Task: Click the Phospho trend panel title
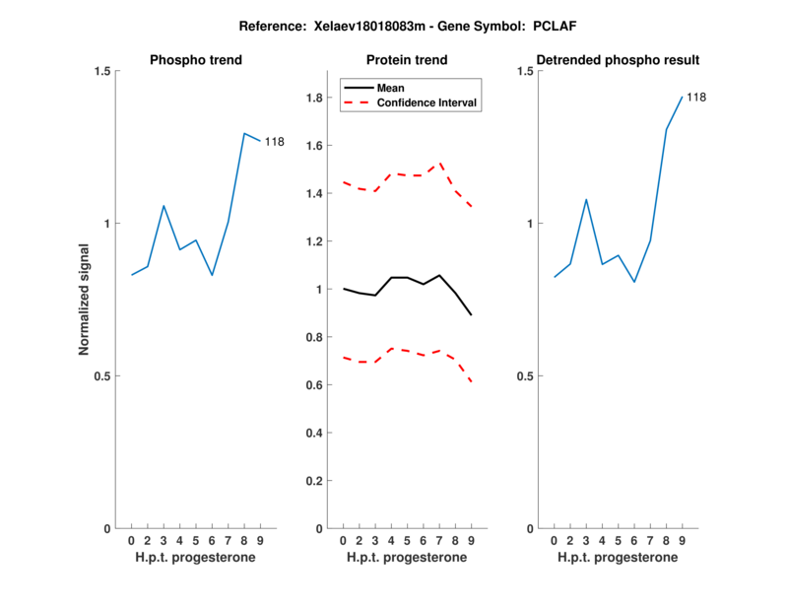click(x=196, y=60)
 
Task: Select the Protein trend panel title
click(x=407, y=60)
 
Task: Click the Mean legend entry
click(x=391, y=87)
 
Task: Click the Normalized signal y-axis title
click(x=84, y=299)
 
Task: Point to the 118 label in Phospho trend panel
click(x=274, y=142)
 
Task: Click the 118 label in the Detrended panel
click(x=696, y=97)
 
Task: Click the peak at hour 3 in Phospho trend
click(x=164, y=206)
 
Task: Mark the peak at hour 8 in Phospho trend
click(x=244, y=133)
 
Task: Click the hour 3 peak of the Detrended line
click(x=586, y=199)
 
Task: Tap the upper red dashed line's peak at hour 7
click(x=439, y=163)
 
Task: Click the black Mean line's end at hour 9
click(x=471, y=315)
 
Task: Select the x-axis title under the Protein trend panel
click(x=407, y=557)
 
